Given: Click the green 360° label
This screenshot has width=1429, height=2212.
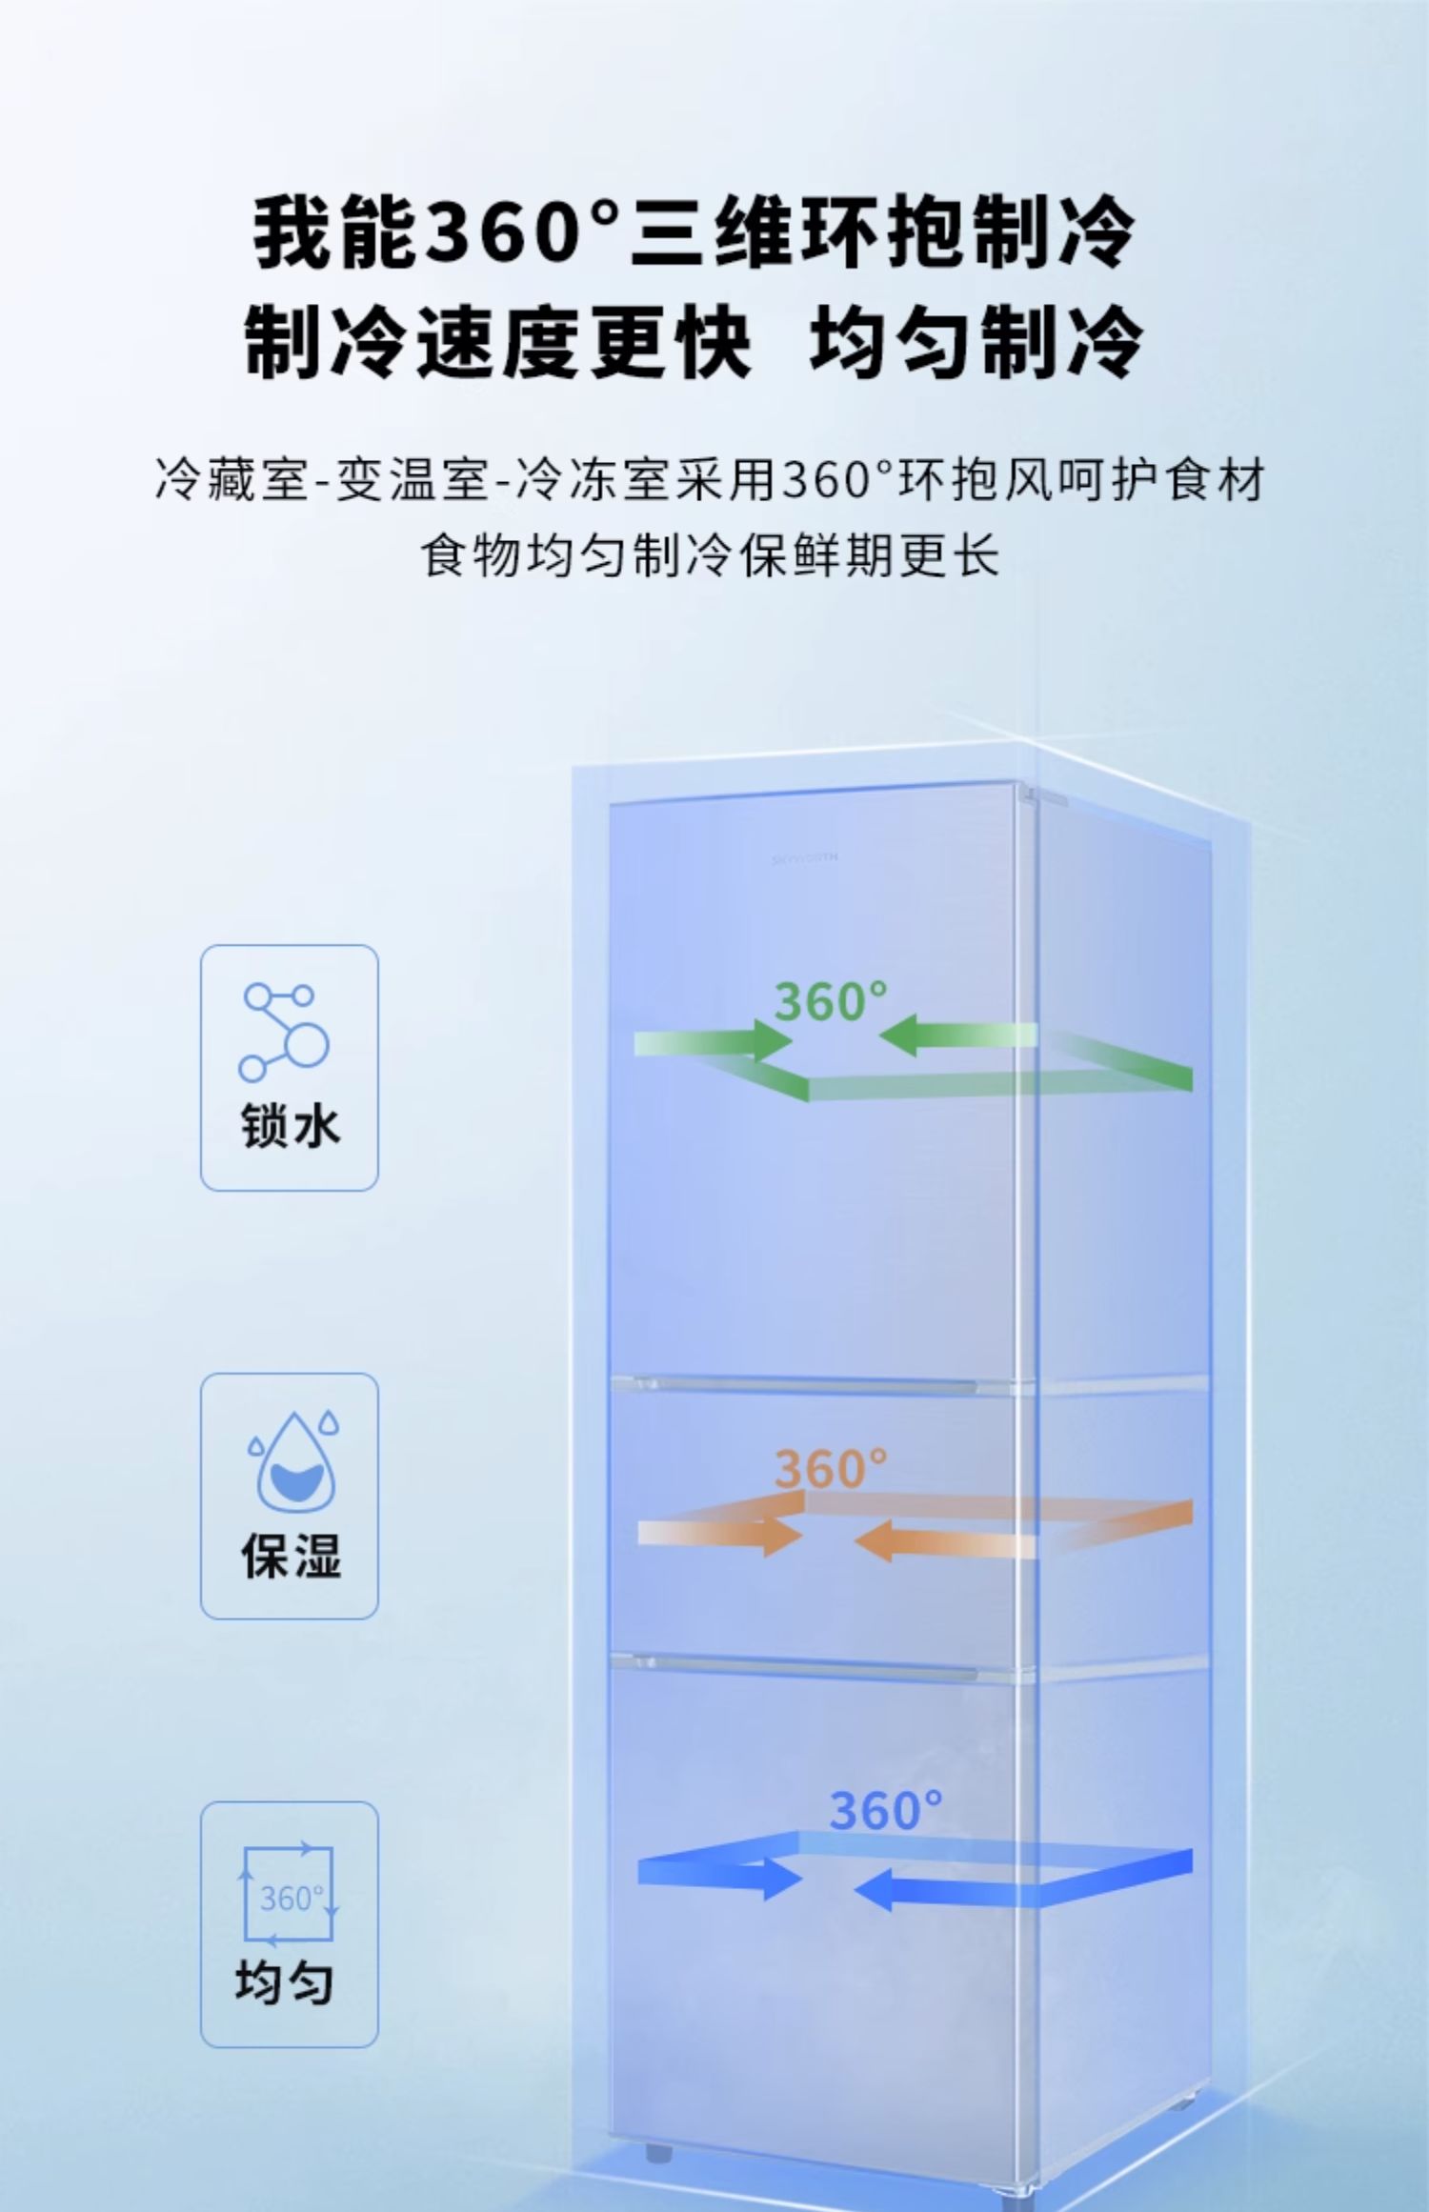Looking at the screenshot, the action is pyautogui.click(x=830, y=1001).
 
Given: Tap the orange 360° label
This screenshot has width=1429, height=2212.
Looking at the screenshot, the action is pyautogui.click(x=830, y=1468).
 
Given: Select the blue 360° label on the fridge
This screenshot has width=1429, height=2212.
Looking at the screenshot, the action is pyautogui.click(x=885, y=1810).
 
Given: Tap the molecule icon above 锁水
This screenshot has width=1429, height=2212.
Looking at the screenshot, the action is pyautogui.click(x=284, y=1032).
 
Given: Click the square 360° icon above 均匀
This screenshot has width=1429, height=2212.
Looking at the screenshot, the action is pyautogui.click(x=289, y=1896).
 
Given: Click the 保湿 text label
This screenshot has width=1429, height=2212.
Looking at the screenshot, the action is pyautogui.click(x=290, y=1555).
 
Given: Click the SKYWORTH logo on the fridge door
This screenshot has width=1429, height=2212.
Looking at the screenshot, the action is pyautogui.click(x=805, y=857).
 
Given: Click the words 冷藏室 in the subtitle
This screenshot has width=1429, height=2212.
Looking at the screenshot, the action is pyautogui.click(x=231, y=479).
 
